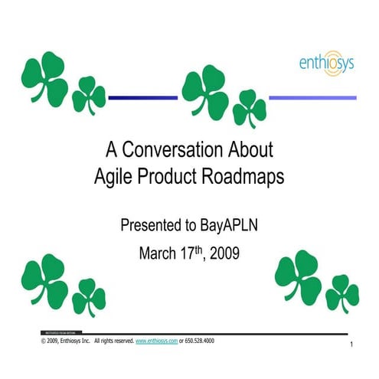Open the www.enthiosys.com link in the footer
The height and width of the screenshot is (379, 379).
coord(156,340)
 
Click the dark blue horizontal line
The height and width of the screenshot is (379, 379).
coord(143,97)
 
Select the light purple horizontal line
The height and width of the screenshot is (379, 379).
coord(313,97)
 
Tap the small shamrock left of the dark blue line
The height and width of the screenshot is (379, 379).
coord(89,96)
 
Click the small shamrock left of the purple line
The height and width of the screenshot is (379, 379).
coord(249,108)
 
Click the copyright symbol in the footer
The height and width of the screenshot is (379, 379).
coord(43,340)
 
